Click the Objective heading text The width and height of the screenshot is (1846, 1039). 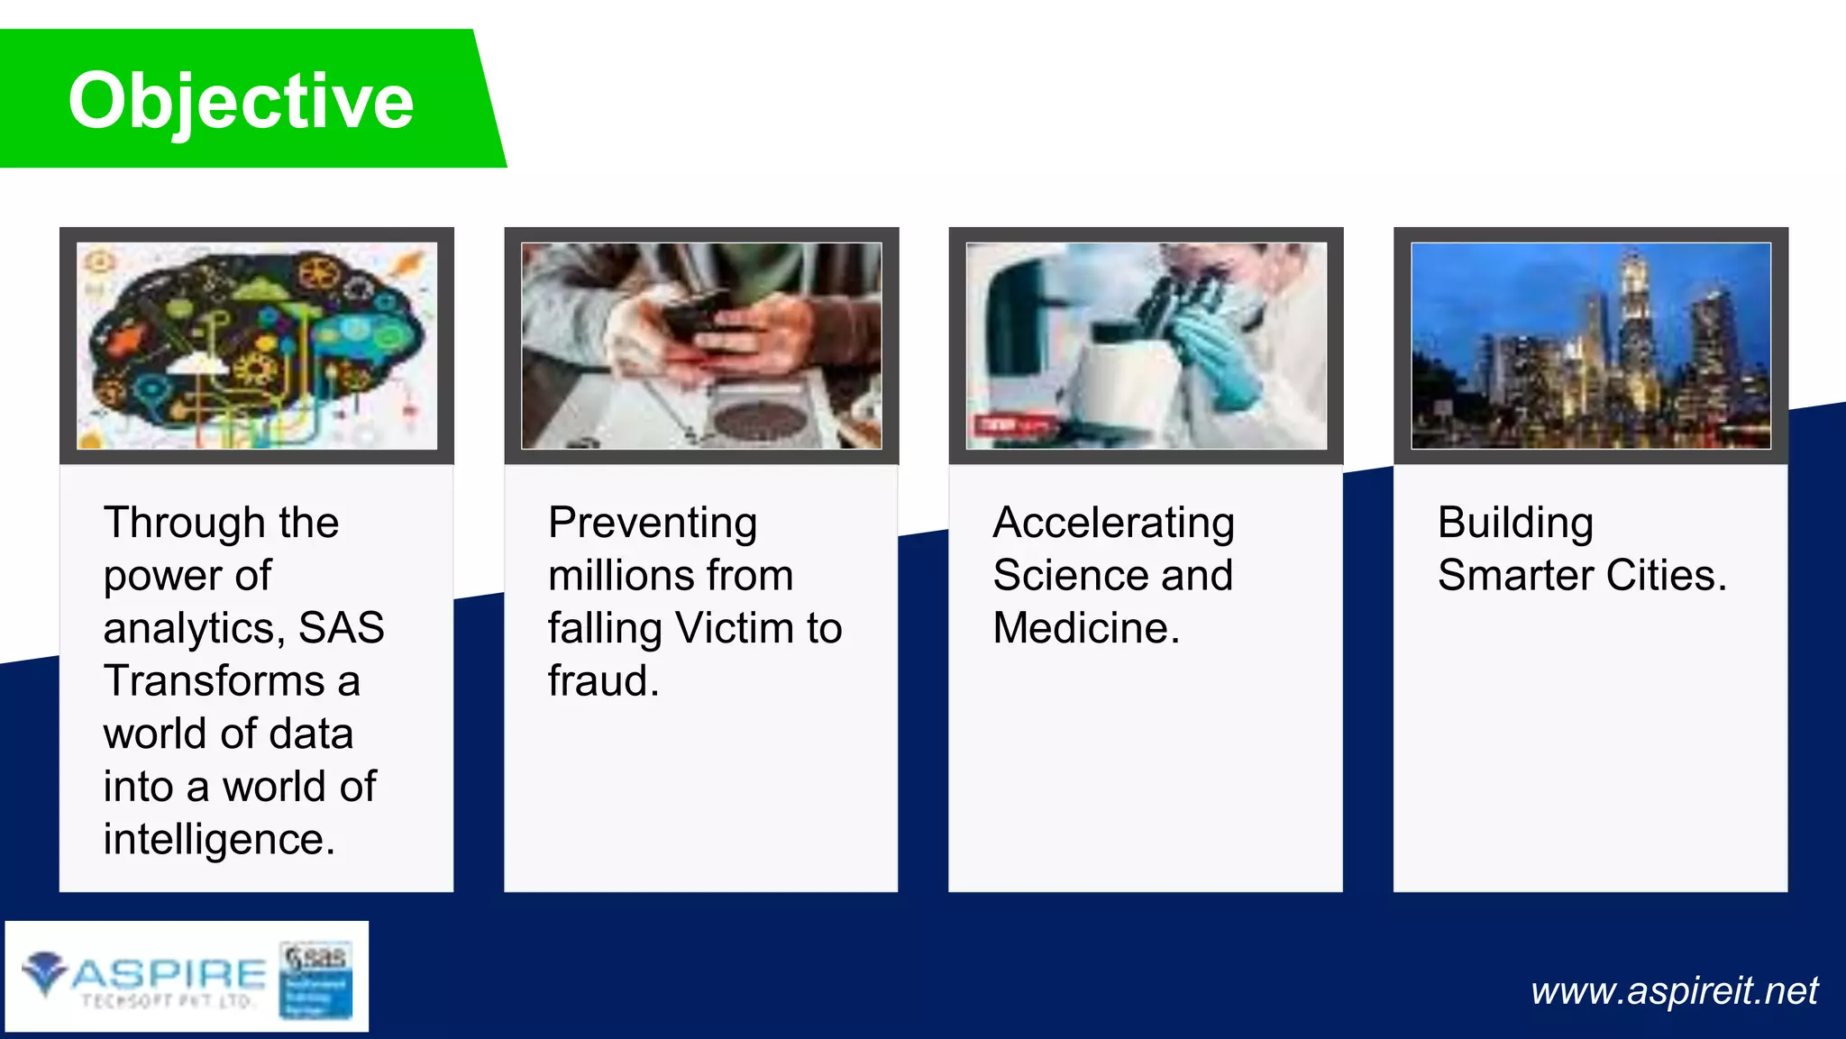(x=241, y=101)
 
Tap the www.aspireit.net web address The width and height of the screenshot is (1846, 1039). (x=1674, y=990)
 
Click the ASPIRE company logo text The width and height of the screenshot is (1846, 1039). (x=168, y=975)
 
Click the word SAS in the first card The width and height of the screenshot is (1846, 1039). (x=341, y=628)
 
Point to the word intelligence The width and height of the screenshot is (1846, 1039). (x=219, y=839)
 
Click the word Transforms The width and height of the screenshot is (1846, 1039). (x=214, y=680)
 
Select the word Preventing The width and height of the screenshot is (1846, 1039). (x=653, y=523)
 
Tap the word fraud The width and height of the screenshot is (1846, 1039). (x=603, y=680)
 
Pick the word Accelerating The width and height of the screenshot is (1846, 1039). (x=1113, y=523)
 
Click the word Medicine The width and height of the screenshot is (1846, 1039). (x=1085, y=628)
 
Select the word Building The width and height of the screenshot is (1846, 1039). (x=1515, y=523)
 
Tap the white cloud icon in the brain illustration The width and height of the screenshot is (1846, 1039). (x=199, y=364)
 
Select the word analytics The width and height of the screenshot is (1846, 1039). (x=193, y=628)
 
